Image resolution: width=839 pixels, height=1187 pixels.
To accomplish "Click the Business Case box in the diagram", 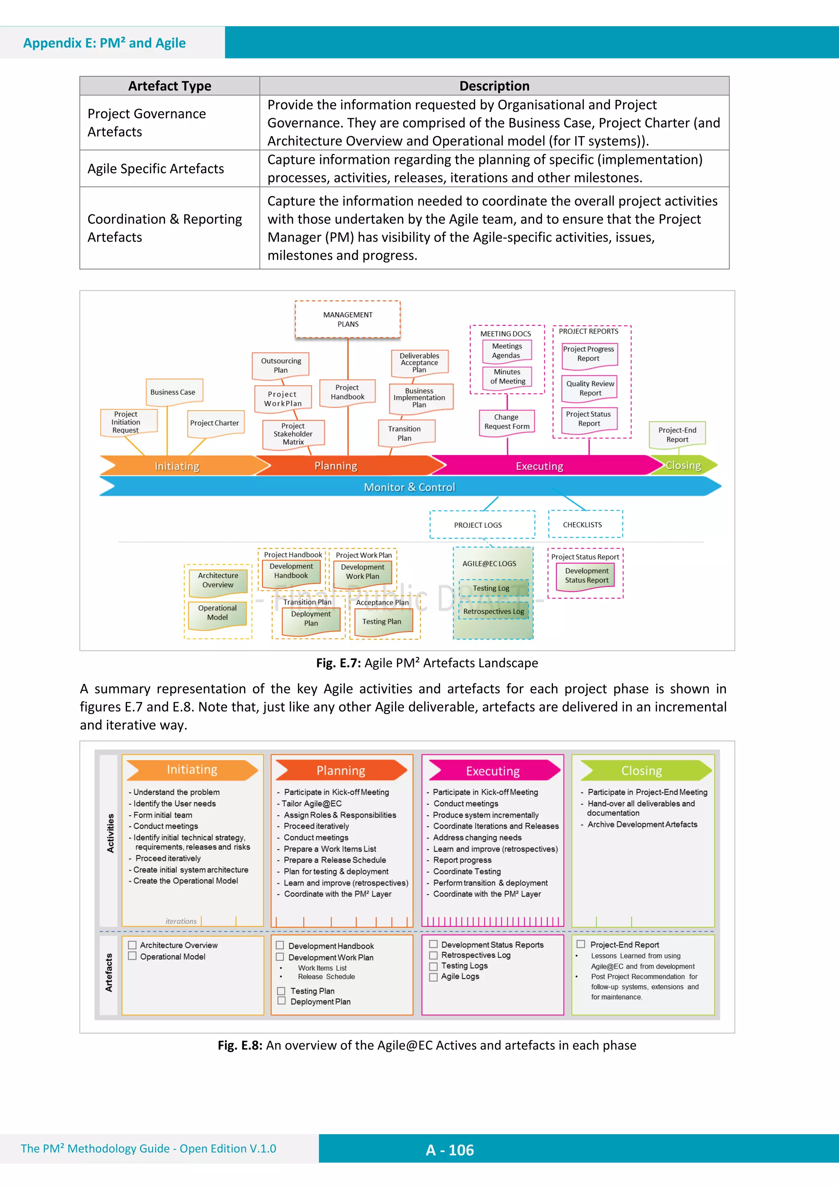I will coord(173,392).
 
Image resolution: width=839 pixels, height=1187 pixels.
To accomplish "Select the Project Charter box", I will coord(215,423).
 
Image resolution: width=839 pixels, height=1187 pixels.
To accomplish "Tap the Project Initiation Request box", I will coord(126,422).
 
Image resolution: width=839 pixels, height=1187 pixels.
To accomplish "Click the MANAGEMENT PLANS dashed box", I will coord(347,319).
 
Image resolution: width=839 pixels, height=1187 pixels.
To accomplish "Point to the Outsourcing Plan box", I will coord(281,365).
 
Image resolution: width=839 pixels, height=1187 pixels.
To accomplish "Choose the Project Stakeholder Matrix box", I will coord(293,434).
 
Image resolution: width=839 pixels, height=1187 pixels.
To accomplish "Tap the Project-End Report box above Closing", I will coord(677,434).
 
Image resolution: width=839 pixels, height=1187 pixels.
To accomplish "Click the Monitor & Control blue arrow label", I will coord(409,487).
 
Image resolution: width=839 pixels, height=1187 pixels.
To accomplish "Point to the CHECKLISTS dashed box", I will coord(583,524).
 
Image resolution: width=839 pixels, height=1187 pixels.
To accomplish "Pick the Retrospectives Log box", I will coord(494,611).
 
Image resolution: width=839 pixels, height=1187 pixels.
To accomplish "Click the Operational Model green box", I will coord(218,613).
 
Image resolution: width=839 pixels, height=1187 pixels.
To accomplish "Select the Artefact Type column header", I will coord(170,86).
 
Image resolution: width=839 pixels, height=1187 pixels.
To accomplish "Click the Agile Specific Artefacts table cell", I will coord(156,168).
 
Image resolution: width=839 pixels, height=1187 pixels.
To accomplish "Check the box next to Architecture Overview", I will coord(132,945).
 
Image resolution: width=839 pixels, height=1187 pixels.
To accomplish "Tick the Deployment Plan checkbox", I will coord(282,1001).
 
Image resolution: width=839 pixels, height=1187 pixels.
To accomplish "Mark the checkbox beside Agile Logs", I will coord(433,976).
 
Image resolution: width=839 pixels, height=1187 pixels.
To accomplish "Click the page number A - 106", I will coord(450,1150).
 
